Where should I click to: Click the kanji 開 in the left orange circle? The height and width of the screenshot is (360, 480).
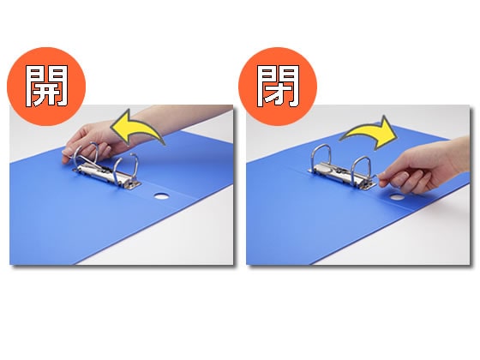(46, 86)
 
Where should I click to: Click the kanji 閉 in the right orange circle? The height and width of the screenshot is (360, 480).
(278, 86)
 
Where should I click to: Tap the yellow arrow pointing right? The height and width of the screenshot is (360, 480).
(369, 133)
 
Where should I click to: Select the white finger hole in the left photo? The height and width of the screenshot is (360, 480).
(161, 196)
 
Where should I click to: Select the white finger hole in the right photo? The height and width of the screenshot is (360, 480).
(397, 197)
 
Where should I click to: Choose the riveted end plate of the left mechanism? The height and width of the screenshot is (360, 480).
(133, 184)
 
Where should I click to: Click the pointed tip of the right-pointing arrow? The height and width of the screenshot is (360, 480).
(397, 135)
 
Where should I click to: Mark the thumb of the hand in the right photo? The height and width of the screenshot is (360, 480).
(395, 177)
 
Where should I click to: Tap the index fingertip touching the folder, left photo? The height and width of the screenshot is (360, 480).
(64, 160)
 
